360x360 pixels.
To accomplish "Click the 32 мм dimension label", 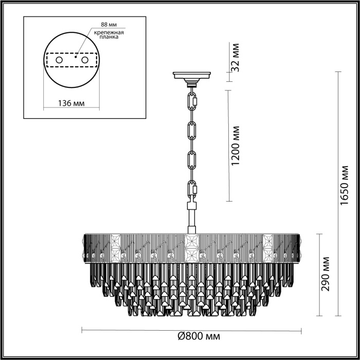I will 236,61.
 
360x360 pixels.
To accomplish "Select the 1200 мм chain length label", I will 236,146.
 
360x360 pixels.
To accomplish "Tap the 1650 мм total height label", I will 345,193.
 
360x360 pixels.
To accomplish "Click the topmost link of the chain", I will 193,100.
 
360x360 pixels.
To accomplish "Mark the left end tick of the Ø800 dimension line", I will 83,330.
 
